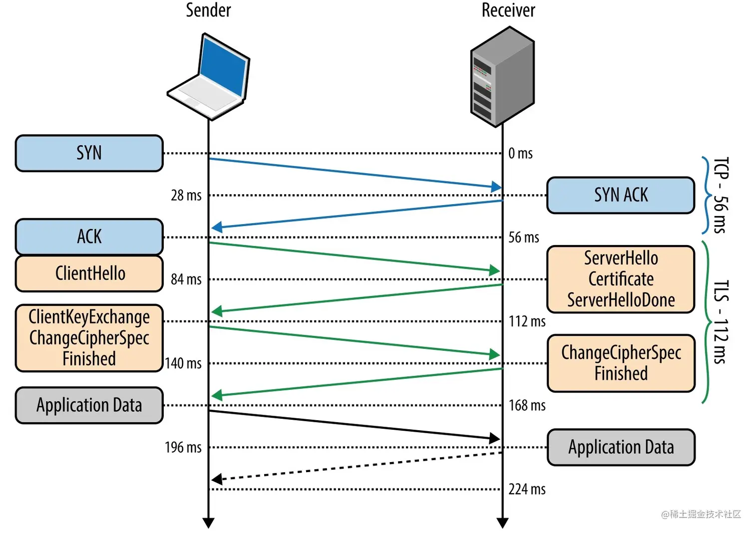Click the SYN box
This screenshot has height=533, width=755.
click(89, 153)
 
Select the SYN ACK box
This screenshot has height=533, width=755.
click(621, 195)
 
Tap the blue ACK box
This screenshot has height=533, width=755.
click(89, 237)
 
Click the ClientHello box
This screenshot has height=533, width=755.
click(89, 273)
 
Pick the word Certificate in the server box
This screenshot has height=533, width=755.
click(621, 279)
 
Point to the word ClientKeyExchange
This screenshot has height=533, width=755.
click(89, 317)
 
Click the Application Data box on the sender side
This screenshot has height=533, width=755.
click(89, 405)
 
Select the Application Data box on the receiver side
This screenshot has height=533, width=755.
click(621, 447)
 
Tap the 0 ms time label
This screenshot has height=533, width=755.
click(520, 153)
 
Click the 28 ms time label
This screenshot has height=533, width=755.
click(186, 196)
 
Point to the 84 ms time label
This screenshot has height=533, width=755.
click(186, 279)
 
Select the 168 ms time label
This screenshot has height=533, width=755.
click(527, 405)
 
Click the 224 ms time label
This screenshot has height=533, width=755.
click(527, 489)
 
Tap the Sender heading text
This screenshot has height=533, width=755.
click(208, 10)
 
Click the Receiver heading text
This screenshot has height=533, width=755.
click(508, 10)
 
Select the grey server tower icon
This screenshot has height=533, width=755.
click(502, 77)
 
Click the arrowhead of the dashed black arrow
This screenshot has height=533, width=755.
click(217, 479)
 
